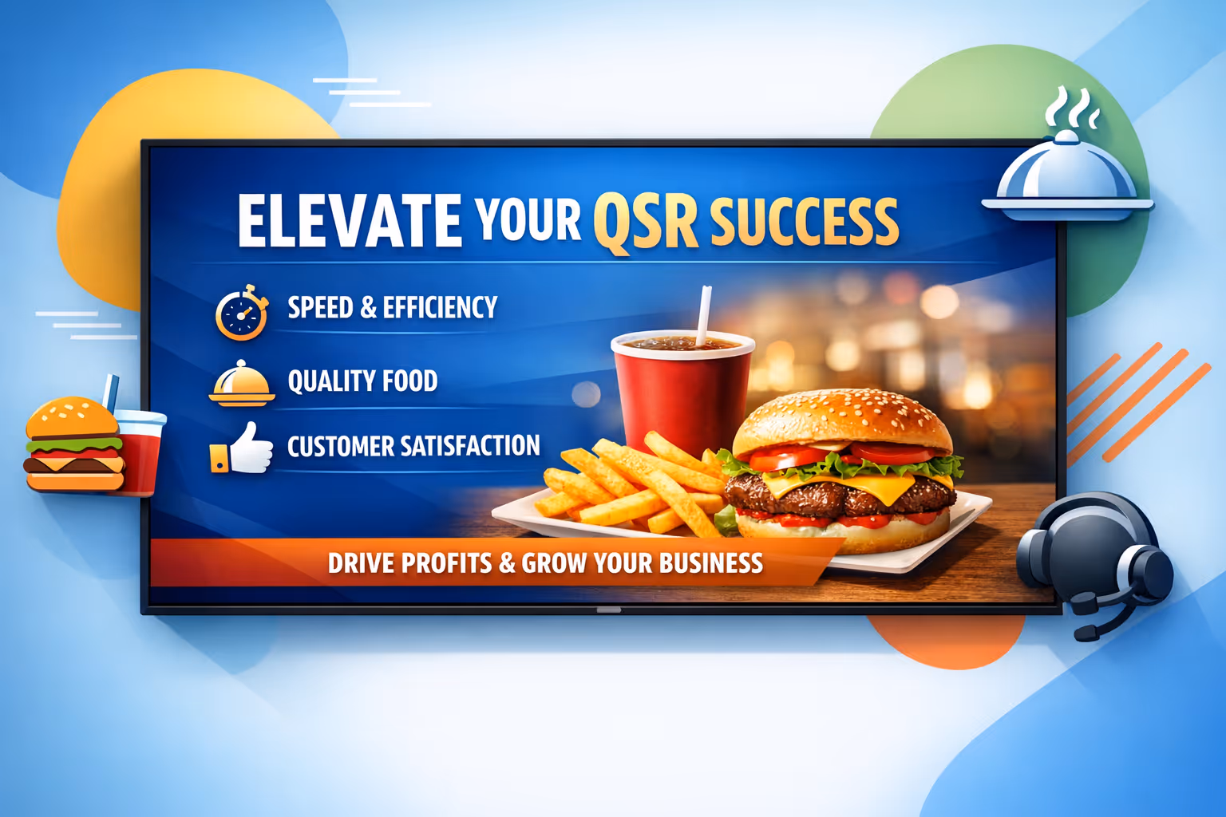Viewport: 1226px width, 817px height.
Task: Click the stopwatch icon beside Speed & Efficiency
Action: [x=240, y=314]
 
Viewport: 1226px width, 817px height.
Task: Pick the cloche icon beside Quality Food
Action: [x=241, y=384]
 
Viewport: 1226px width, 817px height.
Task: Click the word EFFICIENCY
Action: [x=440, y=307]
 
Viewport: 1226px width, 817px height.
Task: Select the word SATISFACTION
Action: [x=470, y=446]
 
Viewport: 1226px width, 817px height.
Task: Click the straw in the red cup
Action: [x=704, y=315]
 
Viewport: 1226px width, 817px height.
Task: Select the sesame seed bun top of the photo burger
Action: [x=841, y=419]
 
